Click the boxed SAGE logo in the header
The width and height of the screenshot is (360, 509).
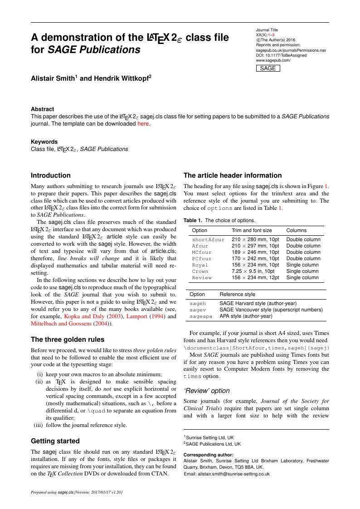coord(268,68)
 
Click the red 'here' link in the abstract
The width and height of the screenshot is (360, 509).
coord(143,123)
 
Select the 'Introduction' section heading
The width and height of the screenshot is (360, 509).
coord(51,175)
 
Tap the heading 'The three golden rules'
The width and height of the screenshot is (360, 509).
coord(68,339)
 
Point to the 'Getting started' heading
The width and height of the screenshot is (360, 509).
coord(55,441)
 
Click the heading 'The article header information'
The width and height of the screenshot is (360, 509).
coord(232,175)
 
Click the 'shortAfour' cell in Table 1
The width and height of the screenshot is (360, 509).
coord(208,239)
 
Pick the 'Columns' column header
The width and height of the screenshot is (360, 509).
coord(296,230)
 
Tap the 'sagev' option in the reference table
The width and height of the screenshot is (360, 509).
coord(198,310)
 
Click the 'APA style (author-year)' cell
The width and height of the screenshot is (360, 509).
coord(246,316)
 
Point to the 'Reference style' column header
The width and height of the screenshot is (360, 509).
coord(237,294)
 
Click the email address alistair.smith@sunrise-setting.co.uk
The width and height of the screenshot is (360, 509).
coord(226,474)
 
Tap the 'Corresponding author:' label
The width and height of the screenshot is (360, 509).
coord(208,455)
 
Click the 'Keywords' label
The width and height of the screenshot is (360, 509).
coord(44,141)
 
